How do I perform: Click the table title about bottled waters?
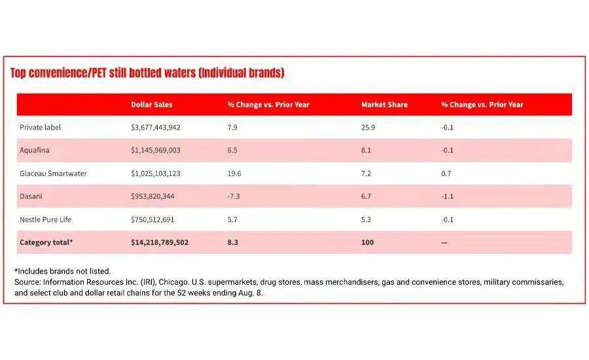(147, 73)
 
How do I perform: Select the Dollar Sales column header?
(152, 105)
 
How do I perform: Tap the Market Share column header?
(384, 105)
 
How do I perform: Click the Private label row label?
(40, 128)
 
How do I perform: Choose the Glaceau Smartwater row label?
(53, 173)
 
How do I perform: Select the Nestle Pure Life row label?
(46, 219)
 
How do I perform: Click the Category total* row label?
(46, 242)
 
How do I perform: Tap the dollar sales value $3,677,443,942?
(156, 128)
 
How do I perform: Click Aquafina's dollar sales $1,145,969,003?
(156, 151)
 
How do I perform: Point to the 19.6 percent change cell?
(234, 173)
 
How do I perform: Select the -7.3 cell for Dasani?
(234, 196)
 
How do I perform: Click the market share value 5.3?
(365, 219)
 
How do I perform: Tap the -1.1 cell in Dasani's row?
(448, 196)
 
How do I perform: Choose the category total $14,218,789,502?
(160, 242)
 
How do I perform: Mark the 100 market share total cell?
(366, 242)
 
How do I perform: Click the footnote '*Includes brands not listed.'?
(62, 271)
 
